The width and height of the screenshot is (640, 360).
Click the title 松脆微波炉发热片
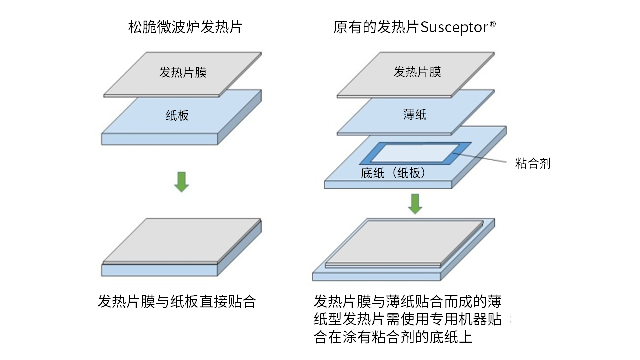pyautogui.click(x=185, y=27)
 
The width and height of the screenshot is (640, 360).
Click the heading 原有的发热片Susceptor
pyautogui.click(x=414, y=27)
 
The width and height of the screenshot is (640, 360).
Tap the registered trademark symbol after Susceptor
pyautogui.click(x=492, y=23)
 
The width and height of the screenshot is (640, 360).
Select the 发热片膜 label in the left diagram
pyautogui.click(x=183, y=72)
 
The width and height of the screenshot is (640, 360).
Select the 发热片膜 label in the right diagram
pyautogui.click(x=417, y=72)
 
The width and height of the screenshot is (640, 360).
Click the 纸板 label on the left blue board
pyautogui.click(x=177, y=116)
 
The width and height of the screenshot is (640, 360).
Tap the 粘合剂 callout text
pyautogui.click(x=533, y=163)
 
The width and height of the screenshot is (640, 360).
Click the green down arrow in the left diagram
pyautogui.click(x=181, y=182)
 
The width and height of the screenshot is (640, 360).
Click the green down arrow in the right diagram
pyautogui.click(x=415, y=203)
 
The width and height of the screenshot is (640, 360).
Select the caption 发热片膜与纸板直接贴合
pyautogui.click(x=177, y=302)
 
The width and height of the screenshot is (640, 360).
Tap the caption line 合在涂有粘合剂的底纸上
pyautogui.click(x=393, y=337)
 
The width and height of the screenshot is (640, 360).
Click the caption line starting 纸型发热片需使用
pyautogui.click(x=407, y=320)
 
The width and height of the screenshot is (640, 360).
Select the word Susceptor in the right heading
pyautogui.click(x=454, y=27)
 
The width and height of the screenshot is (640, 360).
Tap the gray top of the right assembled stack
pyautogui.click(x=405, y=242)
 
